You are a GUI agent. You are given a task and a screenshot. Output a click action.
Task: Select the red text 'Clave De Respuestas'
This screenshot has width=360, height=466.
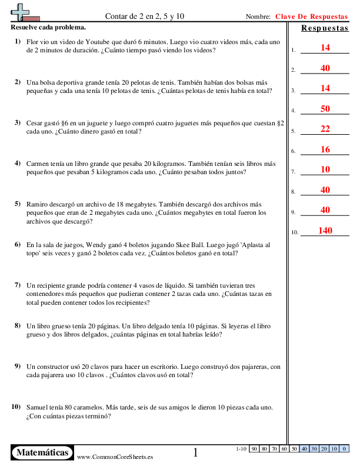click(x=311, y=16)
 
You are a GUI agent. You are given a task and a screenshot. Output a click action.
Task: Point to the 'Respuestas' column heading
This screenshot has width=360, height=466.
click(x=324, y=28)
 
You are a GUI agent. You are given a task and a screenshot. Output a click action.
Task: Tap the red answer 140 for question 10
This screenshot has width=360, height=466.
click(x=325, y=231)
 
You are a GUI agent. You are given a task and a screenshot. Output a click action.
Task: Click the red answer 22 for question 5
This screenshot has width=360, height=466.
click(x=325, y=129)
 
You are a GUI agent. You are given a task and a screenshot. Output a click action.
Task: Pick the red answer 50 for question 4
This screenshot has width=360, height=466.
click(x=325, y=109)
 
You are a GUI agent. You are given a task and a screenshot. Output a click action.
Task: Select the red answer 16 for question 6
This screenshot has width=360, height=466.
click(x=325, y=149)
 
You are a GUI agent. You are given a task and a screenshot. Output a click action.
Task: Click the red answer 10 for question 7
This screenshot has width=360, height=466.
click(x=325, y=169)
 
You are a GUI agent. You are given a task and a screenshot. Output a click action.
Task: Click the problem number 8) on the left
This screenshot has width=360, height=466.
click(x=18, y=325)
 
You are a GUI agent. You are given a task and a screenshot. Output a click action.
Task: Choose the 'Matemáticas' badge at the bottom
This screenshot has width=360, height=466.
click(x=42, y=452)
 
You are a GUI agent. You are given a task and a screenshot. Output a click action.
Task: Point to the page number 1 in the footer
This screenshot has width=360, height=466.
click(x=196, y=452)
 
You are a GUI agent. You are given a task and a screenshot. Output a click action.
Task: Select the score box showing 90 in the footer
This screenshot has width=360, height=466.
click(x=255, y=449)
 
